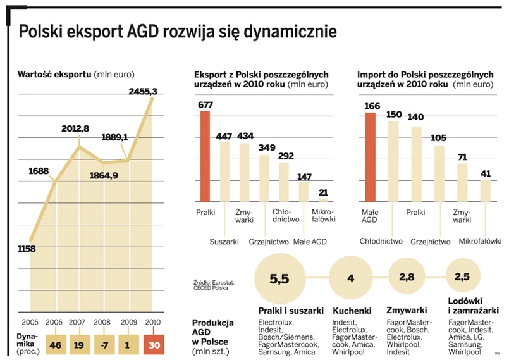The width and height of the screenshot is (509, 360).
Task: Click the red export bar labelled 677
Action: point(205,156)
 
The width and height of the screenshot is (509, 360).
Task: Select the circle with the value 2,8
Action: point(407,276)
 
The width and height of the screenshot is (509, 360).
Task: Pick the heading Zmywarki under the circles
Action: point(406,311)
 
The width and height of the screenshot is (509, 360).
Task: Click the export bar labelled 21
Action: point(323,199)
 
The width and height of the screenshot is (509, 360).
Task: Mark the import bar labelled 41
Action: point(485,190)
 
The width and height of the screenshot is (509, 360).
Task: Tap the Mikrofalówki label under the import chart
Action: point(480,241)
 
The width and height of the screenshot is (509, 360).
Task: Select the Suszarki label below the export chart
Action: point(224,241)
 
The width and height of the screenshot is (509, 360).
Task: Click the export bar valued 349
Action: point(264,178)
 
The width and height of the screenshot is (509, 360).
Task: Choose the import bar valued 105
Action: point(439,173)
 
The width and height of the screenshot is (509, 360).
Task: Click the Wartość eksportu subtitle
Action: point(54,75)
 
